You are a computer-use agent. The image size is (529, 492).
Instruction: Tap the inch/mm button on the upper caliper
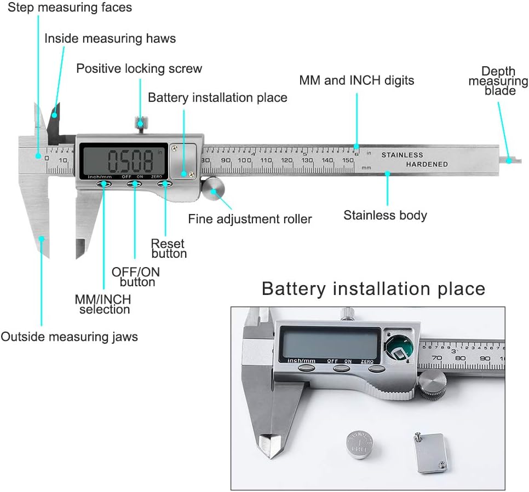pos(104,185)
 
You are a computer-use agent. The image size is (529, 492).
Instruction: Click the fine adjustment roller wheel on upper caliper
pos(214,190)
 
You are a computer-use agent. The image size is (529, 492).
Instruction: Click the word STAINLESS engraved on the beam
pos(402,155)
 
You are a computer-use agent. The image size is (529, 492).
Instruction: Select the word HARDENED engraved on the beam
pos(427,164)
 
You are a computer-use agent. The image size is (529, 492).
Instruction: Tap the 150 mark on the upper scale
pos(347,160)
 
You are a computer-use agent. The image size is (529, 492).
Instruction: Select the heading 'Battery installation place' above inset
pos(373,288)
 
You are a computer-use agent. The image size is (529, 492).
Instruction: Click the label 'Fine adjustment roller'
pos(250,219)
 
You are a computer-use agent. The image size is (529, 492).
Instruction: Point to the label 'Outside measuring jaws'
pos(69,337)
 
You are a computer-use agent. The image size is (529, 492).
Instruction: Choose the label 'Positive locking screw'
pos(139,69)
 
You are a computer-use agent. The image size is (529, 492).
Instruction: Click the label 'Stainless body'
pos(385,215)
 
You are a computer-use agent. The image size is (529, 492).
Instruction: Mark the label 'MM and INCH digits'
pos(357,80)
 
